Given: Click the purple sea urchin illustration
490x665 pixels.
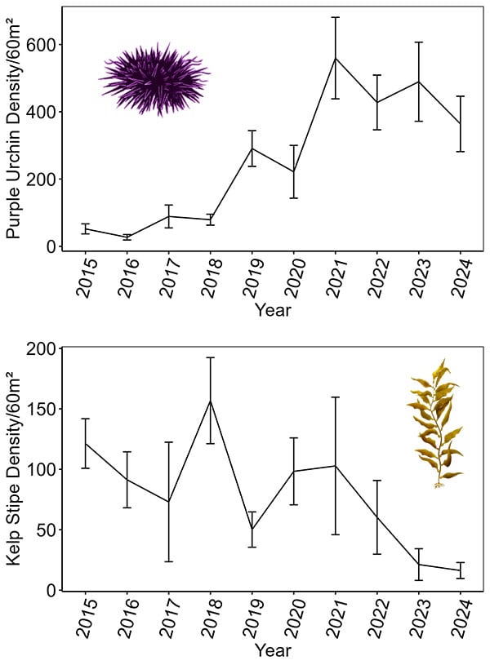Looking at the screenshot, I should pyautogui.click(x=154, y=79).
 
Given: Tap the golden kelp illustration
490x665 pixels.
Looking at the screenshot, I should pyautogui.click(x=436, y=424).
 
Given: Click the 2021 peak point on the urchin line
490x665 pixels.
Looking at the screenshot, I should pyautogui.click(x=336, y=58).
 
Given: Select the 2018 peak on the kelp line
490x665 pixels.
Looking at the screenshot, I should pyautogui.click(x=211, y=401).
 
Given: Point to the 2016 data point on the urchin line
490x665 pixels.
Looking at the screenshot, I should pyautogui.click(x=127, y=237).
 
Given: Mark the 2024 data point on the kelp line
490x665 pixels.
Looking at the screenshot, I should pyautogui.click(x=461, y=570).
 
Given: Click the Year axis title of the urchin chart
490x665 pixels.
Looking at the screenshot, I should pyautogui.click(x=273, y=310).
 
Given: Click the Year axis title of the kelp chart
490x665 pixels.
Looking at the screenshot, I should pyautogui.click(x=273, y=651).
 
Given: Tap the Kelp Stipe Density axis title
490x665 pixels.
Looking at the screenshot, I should pyautogui.click(x=14, y=469).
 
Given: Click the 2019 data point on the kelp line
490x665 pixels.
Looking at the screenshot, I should pyautogui.click(x=252, y=529).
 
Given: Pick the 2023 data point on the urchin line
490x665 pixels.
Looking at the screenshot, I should pyautogui.click(x=419, y=82).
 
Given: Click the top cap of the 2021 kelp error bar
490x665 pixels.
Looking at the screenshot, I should pyautogui.click(x=336, y=397).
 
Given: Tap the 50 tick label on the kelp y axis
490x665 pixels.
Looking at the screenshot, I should pyautogui.click(x=44, y=530).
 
